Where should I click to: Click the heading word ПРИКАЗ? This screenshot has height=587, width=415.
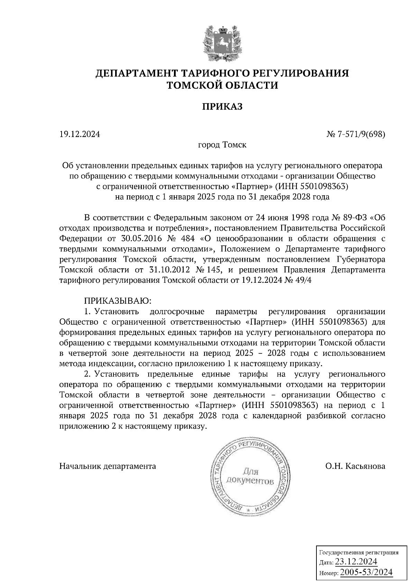coord(222,107)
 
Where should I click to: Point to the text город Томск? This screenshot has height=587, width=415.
coord(222,145)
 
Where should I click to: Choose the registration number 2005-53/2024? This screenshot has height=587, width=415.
coord(366,572)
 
